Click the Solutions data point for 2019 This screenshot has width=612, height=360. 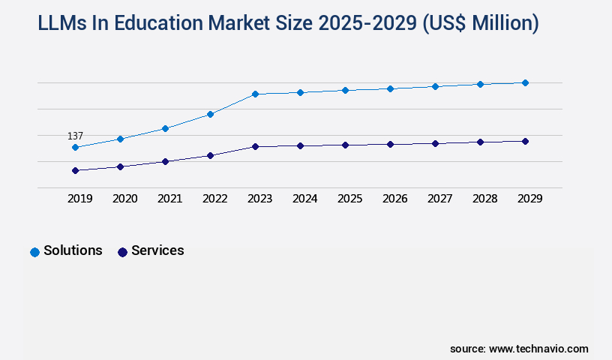click(75, 148)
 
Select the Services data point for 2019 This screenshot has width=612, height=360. click(75, 170)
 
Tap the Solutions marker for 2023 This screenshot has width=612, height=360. click(255, 94)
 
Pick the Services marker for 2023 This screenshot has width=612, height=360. click(255, 146)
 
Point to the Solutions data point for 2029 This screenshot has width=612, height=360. click(525, 82)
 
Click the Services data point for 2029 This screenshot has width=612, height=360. click(525, 141)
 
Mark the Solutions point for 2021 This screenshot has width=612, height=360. click(165, 128)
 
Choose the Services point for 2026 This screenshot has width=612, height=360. click(390, 144)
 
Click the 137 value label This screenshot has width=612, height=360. click(75, 136)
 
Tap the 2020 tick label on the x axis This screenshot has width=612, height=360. click(124, 199)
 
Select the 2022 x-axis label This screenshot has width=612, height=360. click(214, 199)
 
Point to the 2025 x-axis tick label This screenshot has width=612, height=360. click(349, 199)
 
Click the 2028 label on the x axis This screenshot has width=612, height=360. click(484, 199)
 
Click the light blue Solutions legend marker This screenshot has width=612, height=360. click(34, 252)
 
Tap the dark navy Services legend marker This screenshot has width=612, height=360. click(122, 252)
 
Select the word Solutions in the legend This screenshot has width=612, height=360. click(73, 251)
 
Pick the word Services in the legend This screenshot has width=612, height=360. click(157, 251)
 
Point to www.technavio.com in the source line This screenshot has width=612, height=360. click(538, 349)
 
